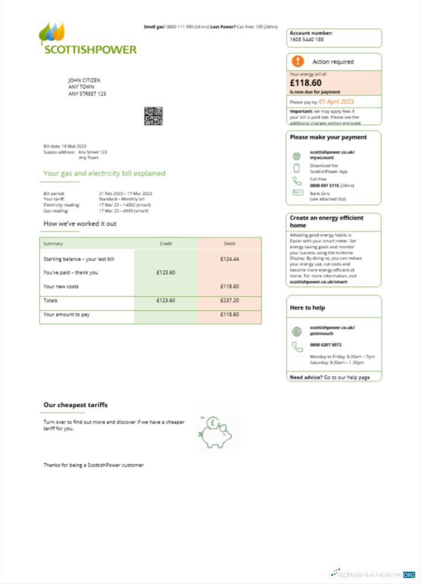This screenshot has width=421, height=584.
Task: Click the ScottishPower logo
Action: (x=88, y=39)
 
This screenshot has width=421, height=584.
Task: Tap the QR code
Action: (x=153, y=116)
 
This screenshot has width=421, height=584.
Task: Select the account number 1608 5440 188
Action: (x=306, y=40)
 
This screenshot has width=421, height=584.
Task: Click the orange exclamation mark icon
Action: (x=298, y=61)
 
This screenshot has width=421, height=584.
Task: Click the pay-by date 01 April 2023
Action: (x=336, y=102)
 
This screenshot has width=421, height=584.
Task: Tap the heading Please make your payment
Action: (x=328, y=137)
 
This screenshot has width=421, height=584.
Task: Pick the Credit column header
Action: (x=166, y=244)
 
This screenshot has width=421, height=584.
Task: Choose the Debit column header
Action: (x=230, y=244)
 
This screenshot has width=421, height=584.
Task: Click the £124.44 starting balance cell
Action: (x=229, y=259)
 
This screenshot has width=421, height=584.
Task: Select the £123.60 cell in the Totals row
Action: (x=166, y=300)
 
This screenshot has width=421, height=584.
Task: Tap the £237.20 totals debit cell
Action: (x=229, y=300)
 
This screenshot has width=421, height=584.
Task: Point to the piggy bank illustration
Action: (x=216, y=433)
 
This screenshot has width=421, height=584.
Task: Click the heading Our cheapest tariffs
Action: (x=75, y=405)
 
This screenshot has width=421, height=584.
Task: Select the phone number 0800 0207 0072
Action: (x=326, y=345)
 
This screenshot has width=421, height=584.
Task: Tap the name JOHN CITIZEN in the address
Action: (x=85, y=80)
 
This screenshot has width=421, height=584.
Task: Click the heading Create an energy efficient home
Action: (x=326, y=221)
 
